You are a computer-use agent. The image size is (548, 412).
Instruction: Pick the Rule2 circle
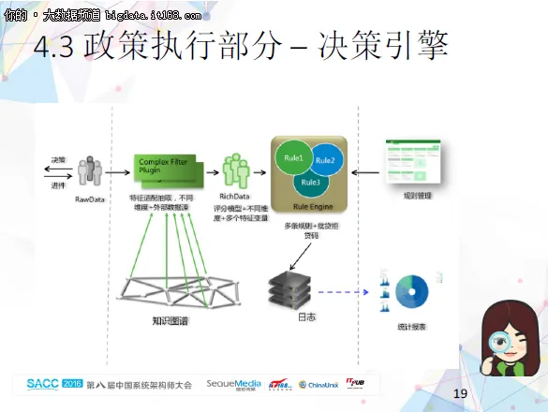pos(324,162)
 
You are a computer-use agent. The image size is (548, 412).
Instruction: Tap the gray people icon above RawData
pos(90,172)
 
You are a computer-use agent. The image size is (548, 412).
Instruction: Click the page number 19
pos(459,392)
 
